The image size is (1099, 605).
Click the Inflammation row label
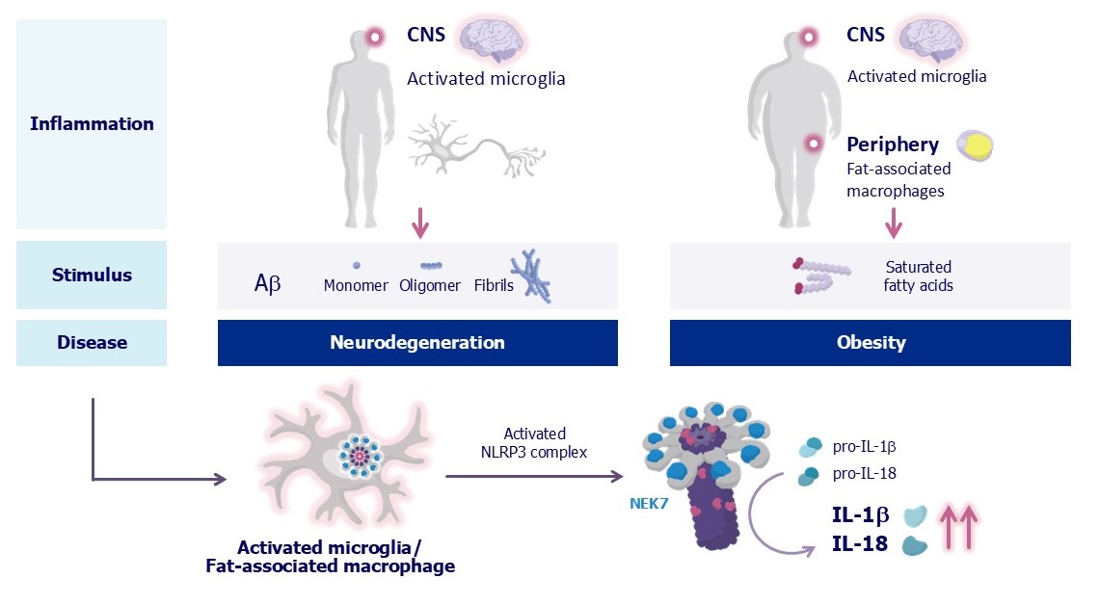coord(92,123)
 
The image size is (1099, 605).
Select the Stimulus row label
coord(92,275)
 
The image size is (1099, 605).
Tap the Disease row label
coord(92,342)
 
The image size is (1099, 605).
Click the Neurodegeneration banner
coord(417,343)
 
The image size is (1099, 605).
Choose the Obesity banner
coord(870,343)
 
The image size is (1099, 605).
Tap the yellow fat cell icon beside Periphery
coord(974,145)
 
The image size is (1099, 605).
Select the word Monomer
coord(356,285)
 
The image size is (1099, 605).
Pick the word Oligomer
coord(430,285)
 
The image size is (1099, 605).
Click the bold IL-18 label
coord(860,544)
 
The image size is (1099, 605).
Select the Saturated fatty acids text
coord(918,276)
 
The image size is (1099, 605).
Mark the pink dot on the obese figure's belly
coord(814,144)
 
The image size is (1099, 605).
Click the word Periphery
coord(893,145)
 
